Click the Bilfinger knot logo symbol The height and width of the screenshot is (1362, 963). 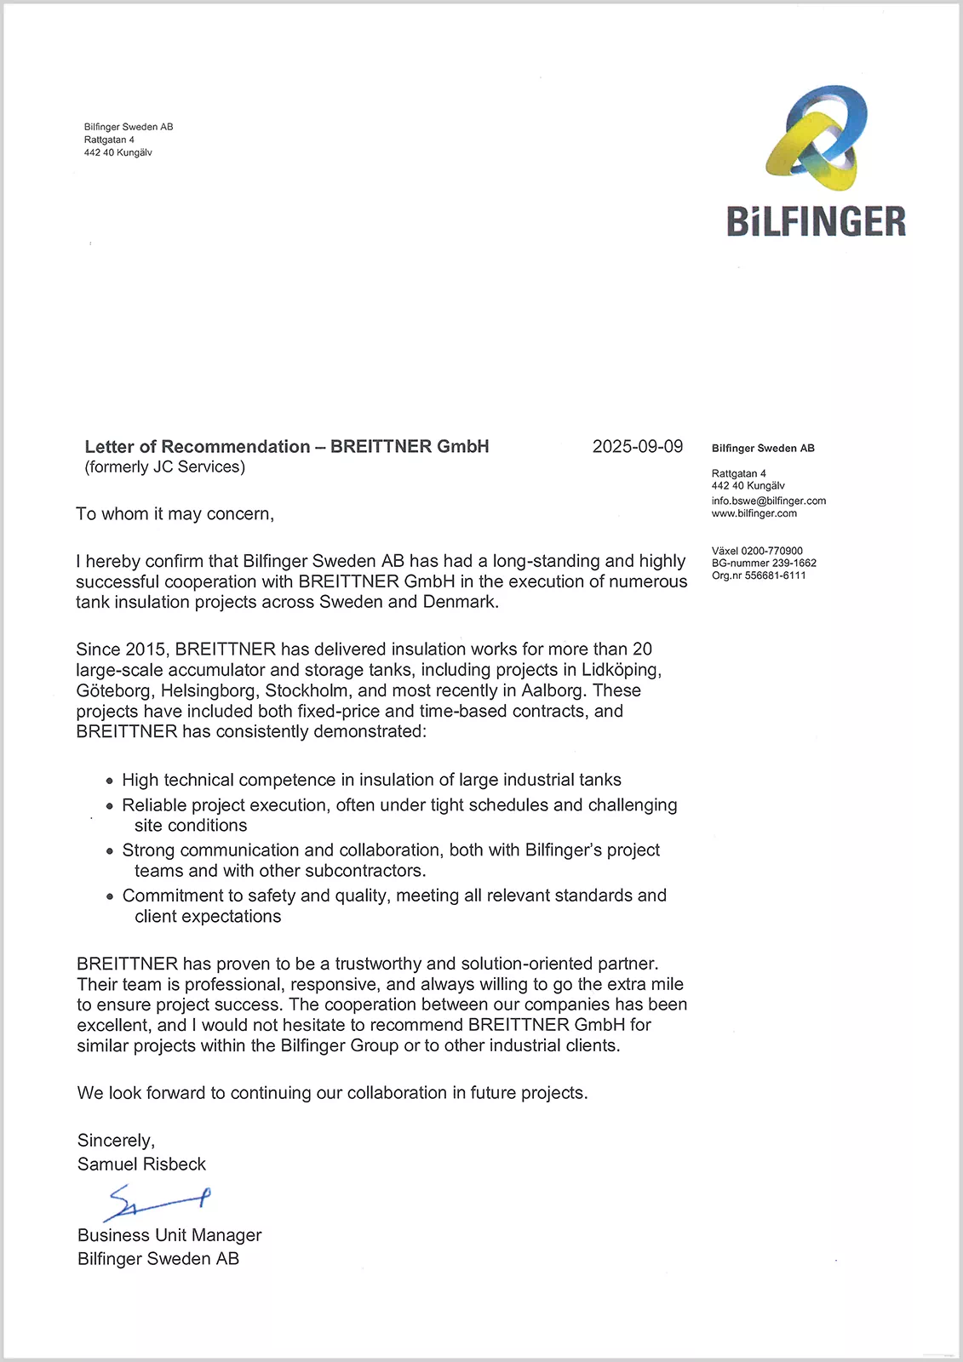click(x=816, y=137)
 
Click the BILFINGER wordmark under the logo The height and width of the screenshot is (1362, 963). click(x=816, y=221)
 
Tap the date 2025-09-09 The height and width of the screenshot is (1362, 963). click(x=638, y=447)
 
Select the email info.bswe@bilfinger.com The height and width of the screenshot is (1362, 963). click(x=769, y=501)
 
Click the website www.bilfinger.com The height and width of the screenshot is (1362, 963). click(x=754, y=513)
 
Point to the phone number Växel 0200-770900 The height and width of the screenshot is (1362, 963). click(x=757, y=551)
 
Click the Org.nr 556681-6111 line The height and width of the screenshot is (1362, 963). click(x=759, y=575)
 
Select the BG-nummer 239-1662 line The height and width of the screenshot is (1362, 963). click(x=764, y=563)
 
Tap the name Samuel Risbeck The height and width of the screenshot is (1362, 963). click(x=141, y=1164)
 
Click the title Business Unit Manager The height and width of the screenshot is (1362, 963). click(x=169, y=1235)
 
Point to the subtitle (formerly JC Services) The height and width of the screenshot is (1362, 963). click(x=164, y=466)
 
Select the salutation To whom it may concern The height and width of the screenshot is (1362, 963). click(x=175, y=514)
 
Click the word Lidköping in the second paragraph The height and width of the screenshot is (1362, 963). click(x=621, y=670)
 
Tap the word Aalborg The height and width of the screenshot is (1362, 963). click(x=553, y=690)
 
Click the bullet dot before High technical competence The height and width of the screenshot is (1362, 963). click(x=110, y=781)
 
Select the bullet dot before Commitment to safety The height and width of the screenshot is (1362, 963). click(x=110, y=896)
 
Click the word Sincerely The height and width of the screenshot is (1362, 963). click(x=116, y=1141)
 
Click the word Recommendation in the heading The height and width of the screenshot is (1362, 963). click(x=236, y=447)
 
